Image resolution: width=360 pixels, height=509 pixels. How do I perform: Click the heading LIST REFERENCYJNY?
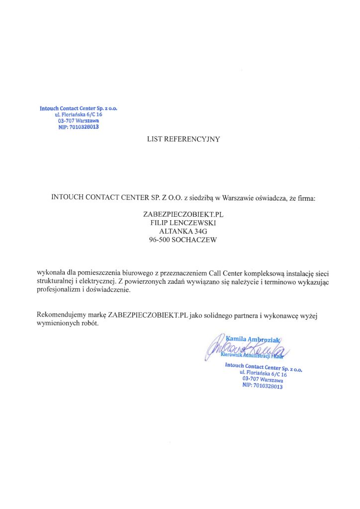tap(183, 139)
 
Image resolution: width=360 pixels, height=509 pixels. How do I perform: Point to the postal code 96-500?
tap(160, 240)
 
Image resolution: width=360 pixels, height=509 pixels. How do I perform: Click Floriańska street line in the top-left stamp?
tap(79, 114)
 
